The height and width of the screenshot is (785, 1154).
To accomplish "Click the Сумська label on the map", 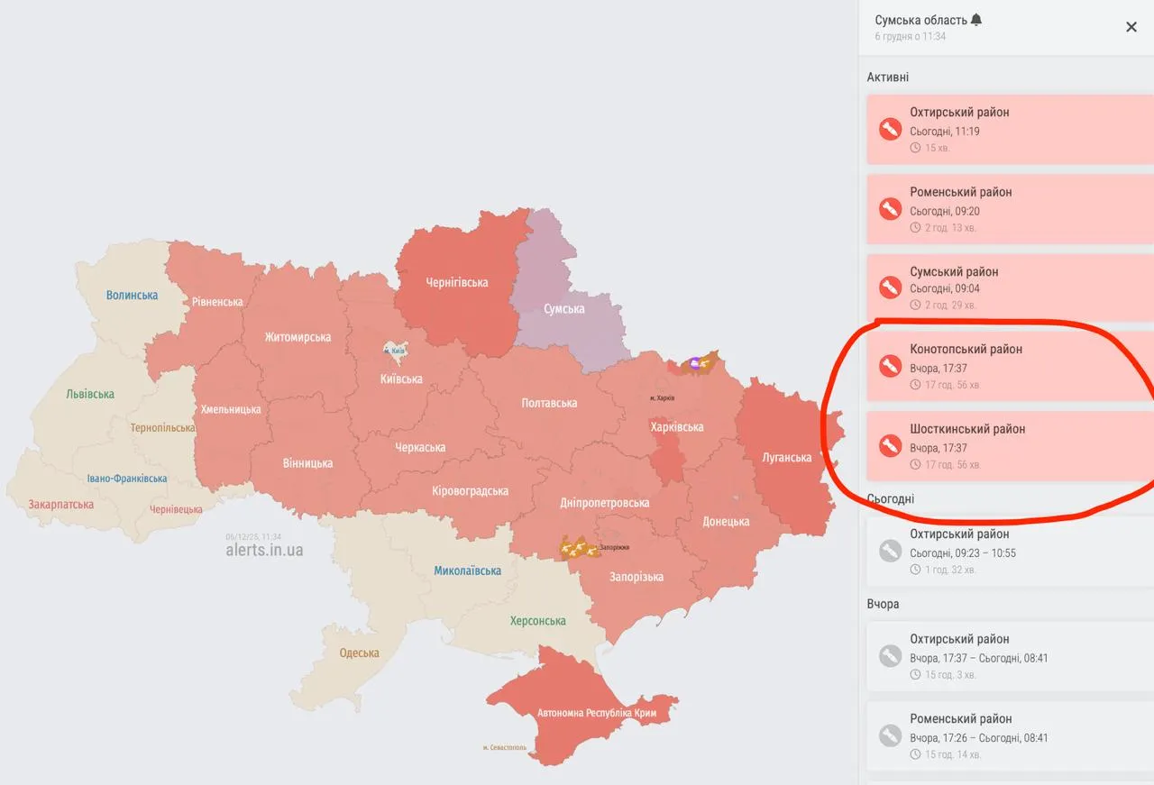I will [x=563, y=308].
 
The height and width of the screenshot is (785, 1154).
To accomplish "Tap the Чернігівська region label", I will [x=456, y=282].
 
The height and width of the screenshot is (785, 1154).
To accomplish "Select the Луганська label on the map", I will [x=786, y=457].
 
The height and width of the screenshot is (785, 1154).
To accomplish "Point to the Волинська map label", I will [x=132, y=295].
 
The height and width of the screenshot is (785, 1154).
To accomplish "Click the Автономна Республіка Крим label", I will [x=597, y=713].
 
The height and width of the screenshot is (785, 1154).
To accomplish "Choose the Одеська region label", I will [x=359, y=653].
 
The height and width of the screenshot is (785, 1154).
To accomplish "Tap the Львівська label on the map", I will [x=90, y=394].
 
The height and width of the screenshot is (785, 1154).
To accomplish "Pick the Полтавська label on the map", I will [x=549, y=403].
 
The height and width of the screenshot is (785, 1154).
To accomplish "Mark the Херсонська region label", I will [x=537, y=620].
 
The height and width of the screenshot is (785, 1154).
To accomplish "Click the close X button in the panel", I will [x=1131, y=27].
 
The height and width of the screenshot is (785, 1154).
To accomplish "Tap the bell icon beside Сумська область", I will [x=976, y=20].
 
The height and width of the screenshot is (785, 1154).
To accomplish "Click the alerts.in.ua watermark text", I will [x=264, y=550].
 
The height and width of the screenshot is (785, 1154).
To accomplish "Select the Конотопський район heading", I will [x=966, y=349].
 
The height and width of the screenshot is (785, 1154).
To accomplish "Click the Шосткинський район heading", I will [x=967, y=429].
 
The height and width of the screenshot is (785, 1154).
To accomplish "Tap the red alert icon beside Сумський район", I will [x=890, y=288].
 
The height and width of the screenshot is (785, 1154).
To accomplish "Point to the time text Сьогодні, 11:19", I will [x=944, y=132].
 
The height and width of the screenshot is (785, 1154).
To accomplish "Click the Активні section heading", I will [x=887, y=78].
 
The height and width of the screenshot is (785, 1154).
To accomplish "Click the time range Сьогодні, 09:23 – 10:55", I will [x=962, y=552].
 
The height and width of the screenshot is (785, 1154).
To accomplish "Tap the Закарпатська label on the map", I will [x=60, y=504].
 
